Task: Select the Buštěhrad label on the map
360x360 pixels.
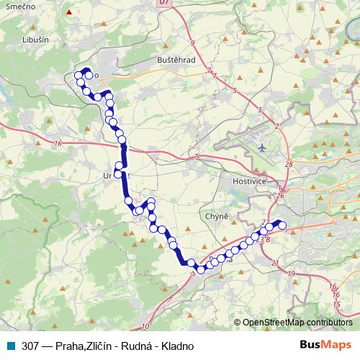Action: [x=176, y=60]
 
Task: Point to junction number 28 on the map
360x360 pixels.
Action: [x=289, y=165]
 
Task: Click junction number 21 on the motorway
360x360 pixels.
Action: [x=276, y=264]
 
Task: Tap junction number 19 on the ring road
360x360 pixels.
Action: [x=292, y=274]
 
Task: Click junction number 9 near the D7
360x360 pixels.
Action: [x=192, y=43]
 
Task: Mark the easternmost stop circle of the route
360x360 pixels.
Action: [x=282, y=226]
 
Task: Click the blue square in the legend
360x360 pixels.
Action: [x=12, y=346]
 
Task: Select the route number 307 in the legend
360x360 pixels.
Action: [x=31, y=346]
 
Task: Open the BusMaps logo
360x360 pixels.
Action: [x=326, y=345]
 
